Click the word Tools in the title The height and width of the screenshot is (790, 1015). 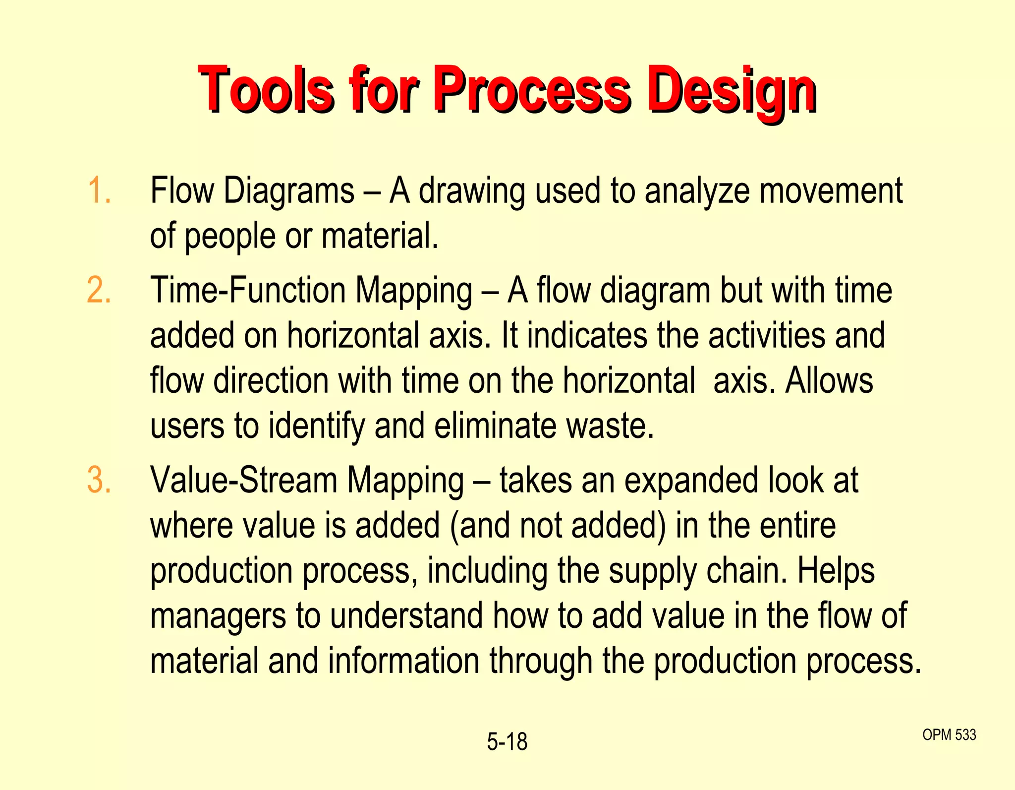coord(266,90)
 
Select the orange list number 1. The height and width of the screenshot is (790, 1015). coord(99,190)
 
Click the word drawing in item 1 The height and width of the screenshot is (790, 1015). coord(471,191)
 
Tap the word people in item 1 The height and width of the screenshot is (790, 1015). coord(229,237)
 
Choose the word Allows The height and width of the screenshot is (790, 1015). coord(829,380)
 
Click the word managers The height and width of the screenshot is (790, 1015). coord(218,616)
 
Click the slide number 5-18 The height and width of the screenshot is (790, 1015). coord(507,742)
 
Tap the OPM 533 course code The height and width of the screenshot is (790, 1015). coord(949,734)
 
